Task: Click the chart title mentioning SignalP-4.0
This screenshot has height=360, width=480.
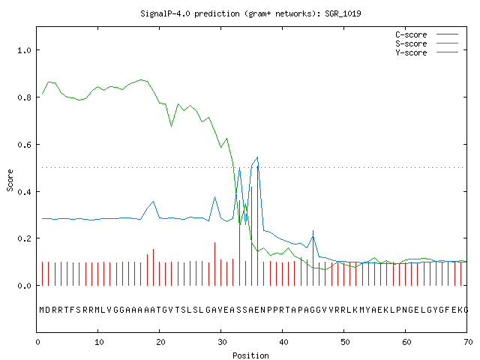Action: point(250,13)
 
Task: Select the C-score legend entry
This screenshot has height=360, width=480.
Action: point(427,34)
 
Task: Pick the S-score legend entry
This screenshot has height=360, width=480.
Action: point(427,43)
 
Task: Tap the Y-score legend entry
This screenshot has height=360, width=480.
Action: point(427,52)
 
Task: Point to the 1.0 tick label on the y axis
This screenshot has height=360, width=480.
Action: point(24,50)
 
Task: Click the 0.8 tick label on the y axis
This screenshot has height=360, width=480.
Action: point(24,97)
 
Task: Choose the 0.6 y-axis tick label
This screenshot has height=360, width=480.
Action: point(24,145)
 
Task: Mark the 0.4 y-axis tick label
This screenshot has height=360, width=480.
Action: point(24,192)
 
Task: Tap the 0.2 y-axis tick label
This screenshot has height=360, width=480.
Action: point(24,238)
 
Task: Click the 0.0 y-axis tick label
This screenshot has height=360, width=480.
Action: point(24,286)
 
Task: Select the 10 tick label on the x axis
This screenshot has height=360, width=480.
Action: point(99,342)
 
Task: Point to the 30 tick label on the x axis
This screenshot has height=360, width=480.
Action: point(222,342)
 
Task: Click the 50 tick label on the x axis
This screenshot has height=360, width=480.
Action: point(345,342)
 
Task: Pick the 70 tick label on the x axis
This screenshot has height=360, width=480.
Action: point(468,342)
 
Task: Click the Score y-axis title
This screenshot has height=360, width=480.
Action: point(10,180)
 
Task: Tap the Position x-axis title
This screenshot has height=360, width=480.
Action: point(250,355)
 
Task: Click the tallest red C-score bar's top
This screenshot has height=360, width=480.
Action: point(258,166)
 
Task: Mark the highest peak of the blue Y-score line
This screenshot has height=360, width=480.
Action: point(258,157)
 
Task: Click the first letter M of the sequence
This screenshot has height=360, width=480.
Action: point(42,310)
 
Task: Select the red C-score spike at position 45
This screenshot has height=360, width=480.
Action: point(313,258)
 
